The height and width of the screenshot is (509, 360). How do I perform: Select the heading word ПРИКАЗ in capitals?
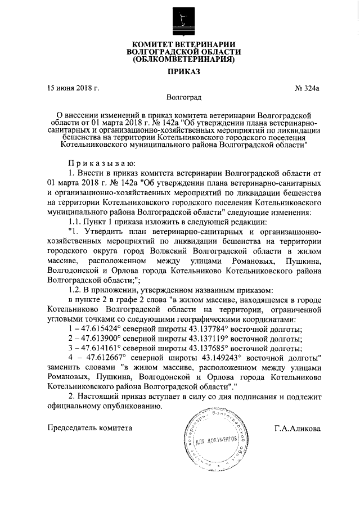coord(181,72)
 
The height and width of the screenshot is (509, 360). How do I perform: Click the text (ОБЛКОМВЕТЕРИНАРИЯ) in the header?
coord(180,59)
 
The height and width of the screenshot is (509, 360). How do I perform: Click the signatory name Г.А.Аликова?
coord(298,429)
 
